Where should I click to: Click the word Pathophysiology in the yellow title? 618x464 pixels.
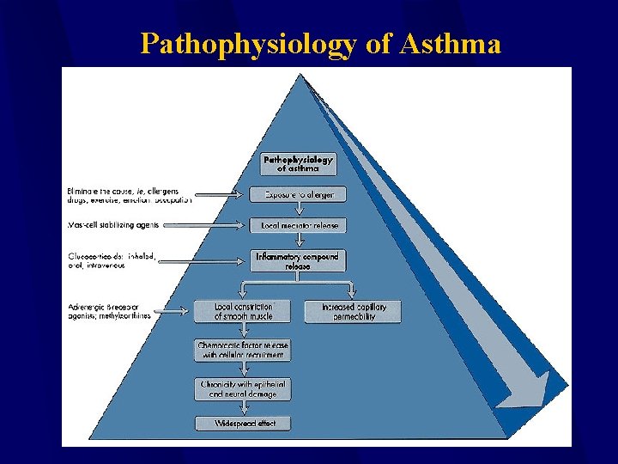tap(248, 43)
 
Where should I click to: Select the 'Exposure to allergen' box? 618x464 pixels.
tap(298, 194)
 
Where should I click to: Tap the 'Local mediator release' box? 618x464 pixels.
tap(298, 226)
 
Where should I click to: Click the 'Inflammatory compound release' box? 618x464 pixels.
tap(298, 261)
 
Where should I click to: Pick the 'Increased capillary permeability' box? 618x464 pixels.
tap(353, 311)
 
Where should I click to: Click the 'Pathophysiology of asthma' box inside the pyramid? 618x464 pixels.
tap(298, 164)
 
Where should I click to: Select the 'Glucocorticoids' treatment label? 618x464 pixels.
tap(112, 260)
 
